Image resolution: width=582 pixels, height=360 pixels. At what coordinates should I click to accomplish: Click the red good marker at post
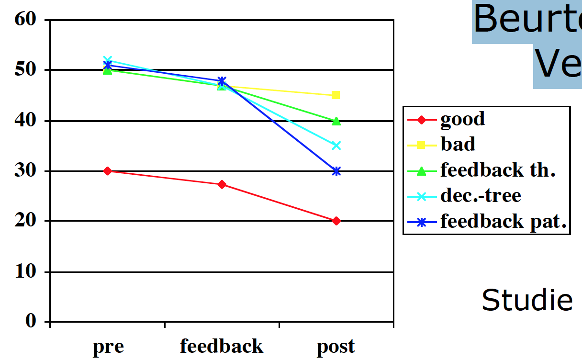(x=336, y=221)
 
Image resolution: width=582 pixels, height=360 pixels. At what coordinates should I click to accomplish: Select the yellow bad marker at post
(x=336, y=95)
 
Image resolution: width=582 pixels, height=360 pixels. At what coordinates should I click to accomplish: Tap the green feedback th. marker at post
(x=336, y=121)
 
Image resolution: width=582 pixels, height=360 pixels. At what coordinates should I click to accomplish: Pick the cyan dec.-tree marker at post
(x=336, y=146)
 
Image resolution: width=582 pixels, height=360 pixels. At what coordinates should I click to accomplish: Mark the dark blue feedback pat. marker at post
(x=336, y=171)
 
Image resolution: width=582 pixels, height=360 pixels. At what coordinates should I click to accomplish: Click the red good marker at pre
(x=108, y=171)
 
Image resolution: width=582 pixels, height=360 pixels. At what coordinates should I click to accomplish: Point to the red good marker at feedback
(x=222, y=184)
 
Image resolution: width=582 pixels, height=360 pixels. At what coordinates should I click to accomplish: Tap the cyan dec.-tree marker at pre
(x=108, y=60)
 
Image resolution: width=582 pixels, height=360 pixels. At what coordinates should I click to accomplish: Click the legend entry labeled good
(x=462, y=119)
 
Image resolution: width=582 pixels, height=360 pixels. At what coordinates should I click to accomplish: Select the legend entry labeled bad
(x=458, y=144)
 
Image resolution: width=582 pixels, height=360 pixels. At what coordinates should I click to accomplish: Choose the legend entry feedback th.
(x=498, y=170)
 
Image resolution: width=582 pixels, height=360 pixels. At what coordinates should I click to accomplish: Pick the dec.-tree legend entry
(x=481, y=195)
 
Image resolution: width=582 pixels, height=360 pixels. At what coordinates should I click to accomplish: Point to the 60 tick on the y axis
(x=25, y=20)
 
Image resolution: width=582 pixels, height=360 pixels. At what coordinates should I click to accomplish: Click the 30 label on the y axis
(x=25, y=171)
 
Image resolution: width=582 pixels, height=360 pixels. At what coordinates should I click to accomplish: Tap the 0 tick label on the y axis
(x=31, y=321)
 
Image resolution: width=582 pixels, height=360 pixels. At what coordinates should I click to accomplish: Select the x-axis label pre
(x=108, y=347)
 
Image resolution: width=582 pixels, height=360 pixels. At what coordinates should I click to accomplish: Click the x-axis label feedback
(x=222, y=346)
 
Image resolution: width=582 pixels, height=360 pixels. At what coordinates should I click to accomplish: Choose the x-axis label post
(x=336, y=347)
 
